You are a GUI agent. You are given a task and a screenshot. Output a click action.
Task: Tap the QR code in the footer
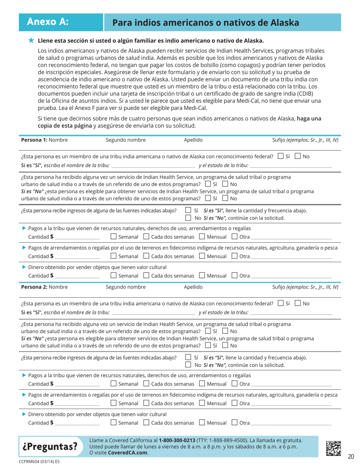[335, 447]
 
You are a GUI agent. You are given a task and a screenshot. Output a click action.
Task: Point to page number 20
[351, 456]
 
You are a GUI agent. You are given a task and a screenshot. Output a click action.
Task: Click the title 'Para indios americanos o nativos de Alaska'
[206, 23]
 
